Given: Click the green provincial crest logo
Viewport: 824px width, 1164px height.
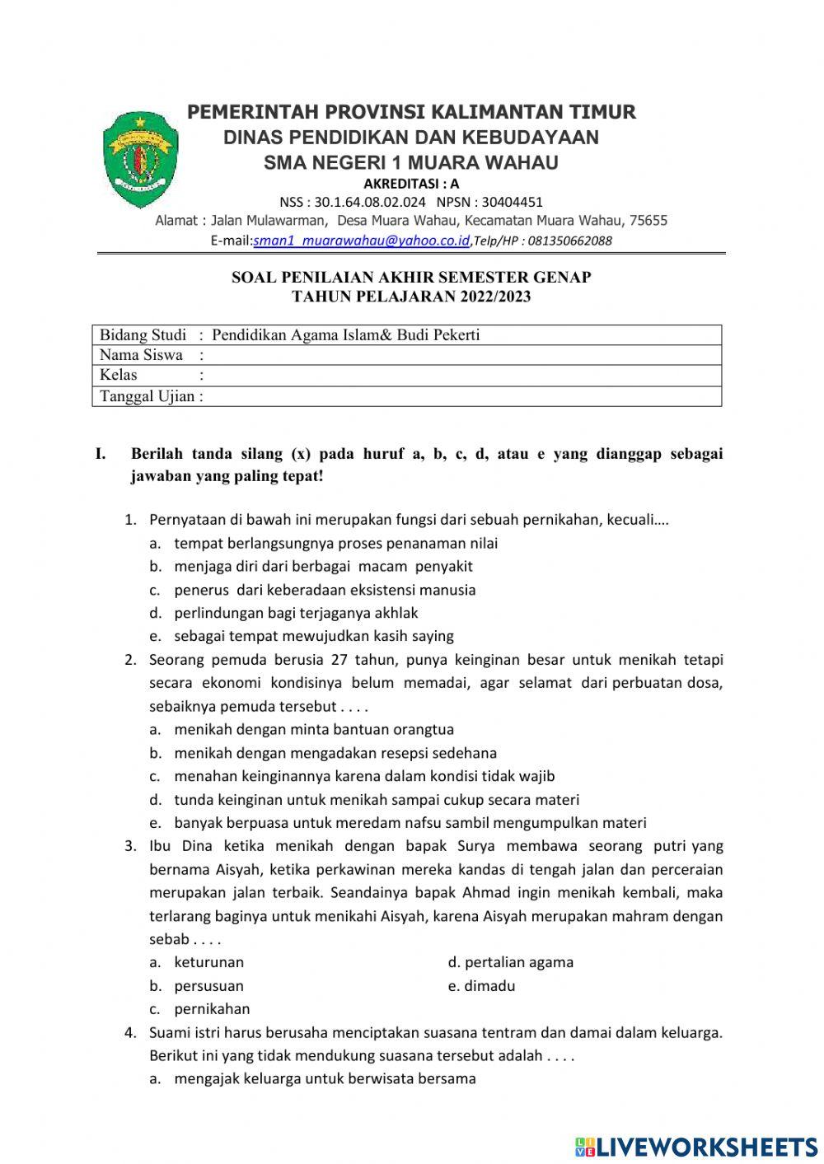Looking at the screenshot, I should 140,160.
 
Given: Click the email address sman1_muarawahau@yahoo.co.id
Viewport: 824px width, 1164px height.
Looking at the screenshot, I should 361,241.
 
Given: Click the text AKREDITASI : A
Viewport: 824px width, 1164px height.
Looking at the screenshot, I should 411,184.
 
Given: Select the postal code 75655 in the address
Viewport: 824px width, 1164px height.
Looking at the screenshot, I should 648,221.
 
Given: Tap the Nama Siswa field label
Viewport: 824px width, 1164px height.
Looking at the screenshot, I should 141,355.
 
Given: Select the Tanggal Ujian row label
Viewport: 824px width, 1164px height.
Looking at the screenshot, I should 147,396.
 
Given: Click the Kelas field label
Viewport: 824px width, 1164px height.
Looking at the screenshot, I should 119,375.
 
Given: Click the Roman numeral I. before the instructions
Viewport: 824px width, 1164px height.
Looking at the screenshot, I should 101,454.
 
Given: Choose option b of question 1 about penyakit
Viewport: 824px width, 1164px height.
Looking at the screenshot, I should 322,566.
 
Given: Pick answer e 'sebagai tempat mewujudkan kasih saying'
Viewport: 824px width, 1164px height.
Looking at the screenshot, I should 313,636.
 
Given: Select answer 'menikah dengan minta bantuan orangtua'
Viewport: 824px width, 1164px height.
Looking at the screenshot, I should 313,729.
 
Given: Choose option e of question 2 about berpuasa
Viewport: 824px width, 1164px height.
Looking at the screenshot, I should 410,822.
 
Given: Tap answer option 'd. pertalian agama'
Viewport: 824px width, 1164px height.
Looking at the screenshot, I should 511,962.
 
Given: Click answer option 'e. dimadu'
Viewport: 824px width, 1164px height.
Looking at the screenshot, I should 482,986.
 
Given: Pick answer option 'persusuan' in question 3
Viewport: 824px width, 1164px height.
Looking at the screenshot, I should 208,986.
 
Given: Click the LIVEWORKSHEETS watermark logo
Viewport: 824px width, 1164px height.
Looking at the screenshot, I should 696,1147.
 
